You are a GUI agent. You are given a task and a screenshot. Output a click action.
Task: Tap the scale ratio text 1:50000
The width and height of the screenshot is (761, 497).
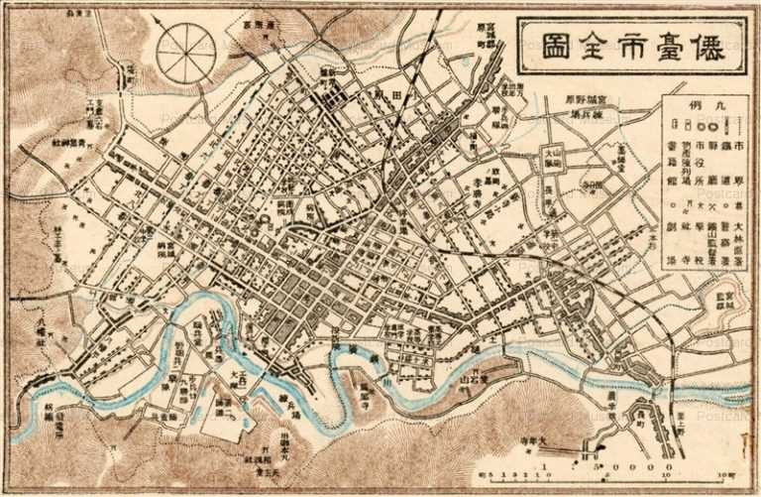(x=606, y=464)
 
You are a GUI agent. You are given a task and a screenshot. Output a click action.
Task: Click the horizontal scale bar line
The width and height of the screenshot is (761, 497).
(x=614, y=476)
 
